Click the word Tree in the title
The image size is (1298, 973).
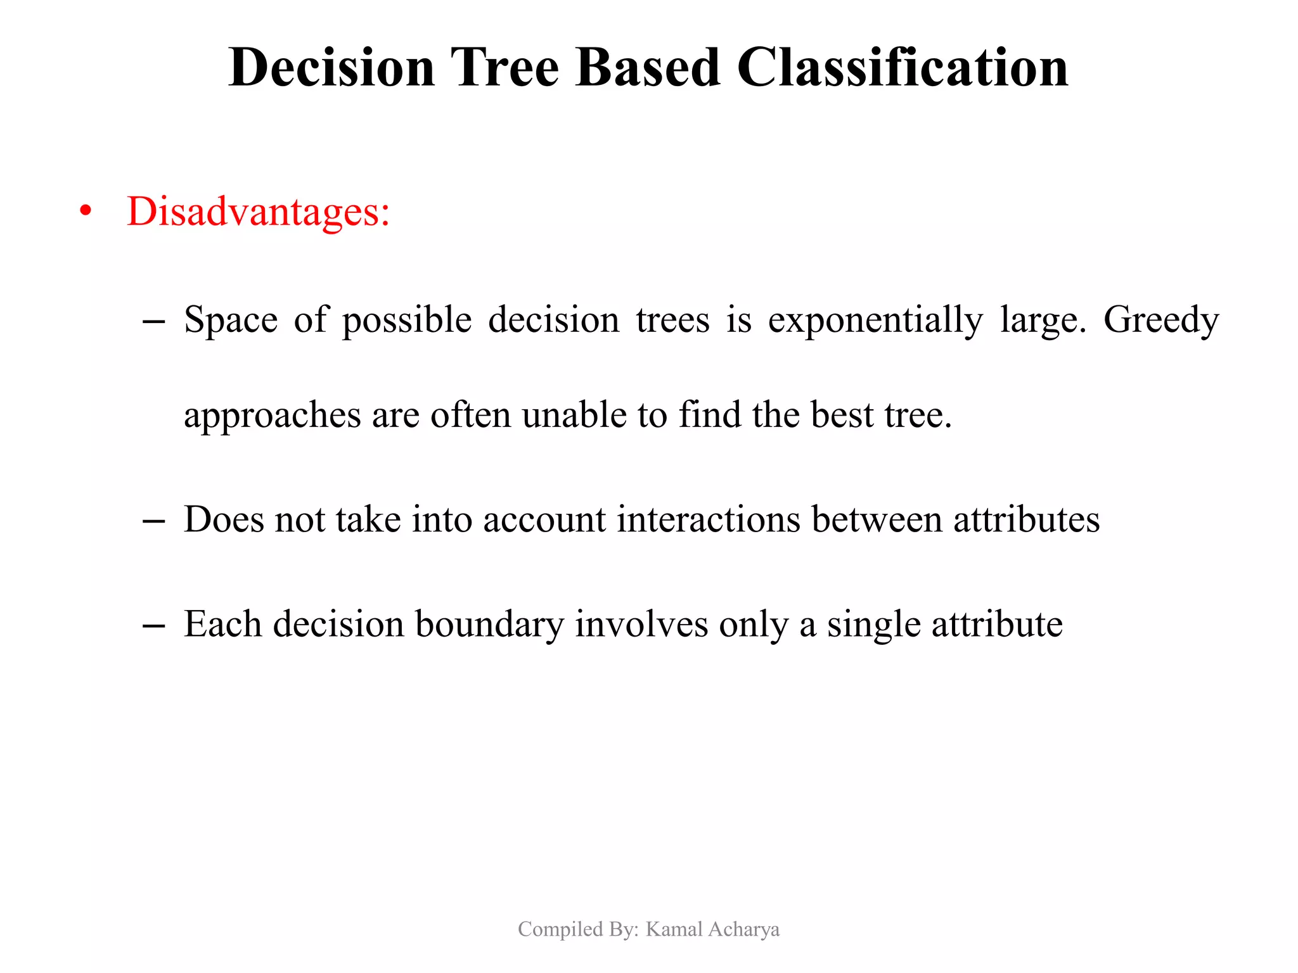pos(504,67)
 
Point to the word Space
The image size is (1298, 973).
pos(231,320)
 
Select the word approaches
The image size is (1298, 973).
pos(272,416)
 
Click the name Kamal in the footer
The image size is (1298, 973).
pos(674,929)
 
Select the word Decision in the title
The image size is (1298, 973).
pos(331,67)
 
